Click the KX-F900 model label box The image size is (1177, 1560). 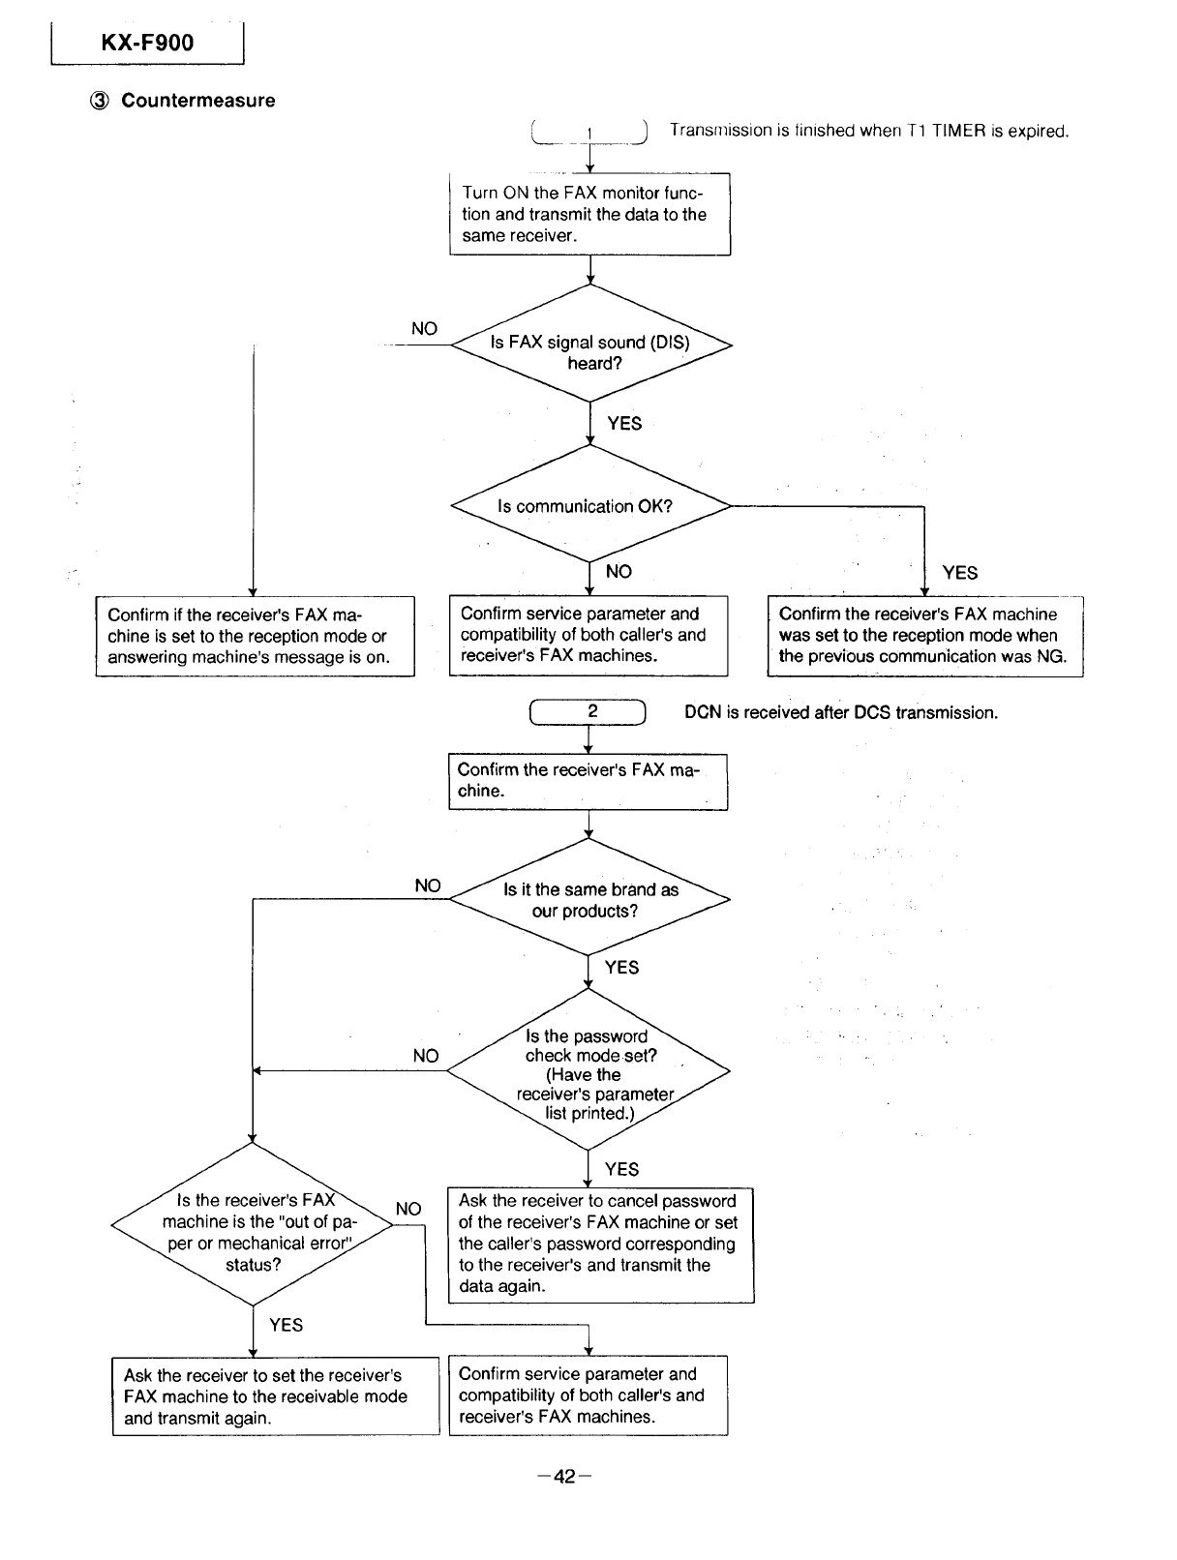(x=147, y=43)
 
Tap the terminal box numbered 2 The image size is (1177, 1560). (x=588, y=711)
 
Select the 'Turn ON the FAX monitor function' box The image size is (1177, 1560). (x=589, y=214)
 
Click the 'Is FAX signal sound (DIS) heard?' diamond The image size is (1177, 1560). (x=590, y=345)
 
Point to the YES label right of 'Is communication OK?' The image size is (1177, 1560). (x=959, y=573)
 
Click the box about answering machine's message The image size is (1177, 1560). (x=256, y=636)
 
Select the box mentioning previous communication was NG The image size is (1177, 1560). (x=924, y=636)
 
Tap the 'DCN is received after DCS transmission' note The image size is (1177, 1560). (x=841, y=712)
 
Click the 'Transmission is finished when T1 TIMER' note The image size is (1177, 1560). (x=869, y=131)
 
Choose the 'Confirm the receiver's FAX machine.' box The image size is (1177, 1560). (x=588, y=782)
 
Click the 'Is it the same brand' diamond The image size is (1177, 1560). (x=589, y=899)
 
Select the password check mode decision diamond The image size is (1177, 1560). (x=588, y=1070)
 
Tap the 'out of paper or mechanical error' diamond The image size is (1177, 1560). (x=253, y=1225)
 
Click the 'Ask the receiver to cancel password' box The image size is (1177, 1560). (x=600, y=1245)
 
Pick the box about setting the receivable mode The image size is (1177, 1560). (x=276, y=1396)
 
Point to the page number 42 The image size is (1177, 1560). (x=564, y=1477)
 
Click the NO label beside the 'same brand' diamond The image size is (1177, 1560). (x=428, y=885)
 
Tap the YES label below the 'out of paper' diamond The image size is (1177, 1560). (x=286, y=1325)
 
